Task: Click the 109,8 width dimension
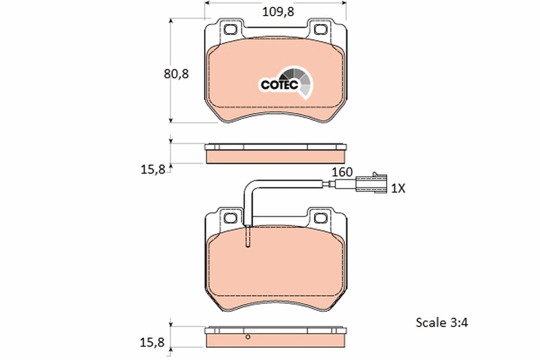tap(278, 12)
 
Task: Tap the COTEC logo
tap(286, 83)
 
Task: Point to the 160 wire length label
tap(342, 172)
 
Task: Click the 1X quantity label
tap(398, 188)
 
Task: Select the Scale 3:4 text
tap(442, 323)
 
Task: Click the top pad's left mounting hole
tap(230, 30)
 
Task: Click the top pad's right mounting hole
tap(321, 30)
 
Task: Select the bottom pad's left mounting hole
tap(230, 218)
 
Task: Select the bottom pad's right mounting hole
tap(321, 218)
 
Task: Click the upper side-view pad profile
tap(275, 154)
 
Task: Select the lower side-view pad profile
tap(275, 337)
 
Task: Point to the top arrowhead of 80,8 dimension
tap(171, 21)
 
